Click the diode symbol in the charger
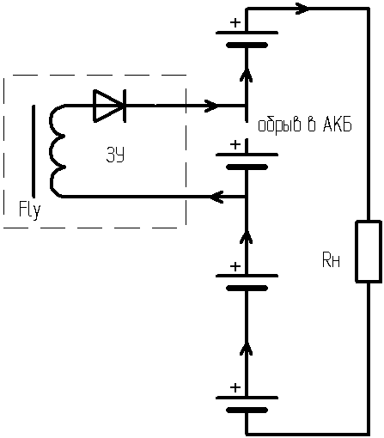110,106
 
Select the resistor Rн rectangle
369,252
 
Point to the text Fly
30,210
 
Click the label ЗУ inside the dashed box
115,155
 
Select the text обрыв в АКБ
305,125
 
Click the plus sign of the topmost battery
235,22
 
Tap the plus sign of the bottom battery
235,388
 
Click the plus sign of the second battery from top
235,145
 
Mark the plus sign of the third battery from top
235,266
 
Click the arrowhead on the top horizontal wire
302,9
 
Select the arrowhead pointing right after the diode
211,106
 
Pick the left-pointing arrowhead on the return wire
216,197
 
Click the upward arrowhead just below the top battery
247,76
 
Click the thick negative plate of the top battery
247,46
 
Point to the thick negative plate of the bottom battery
247,411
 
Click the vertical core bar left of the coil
34,151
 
